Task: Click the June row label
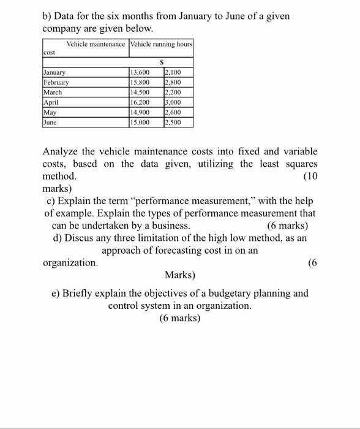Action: point(50,123)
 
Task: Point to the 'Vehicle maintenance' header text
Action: point(96,44)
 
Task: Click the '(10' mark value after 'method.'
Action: point(311,177)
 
